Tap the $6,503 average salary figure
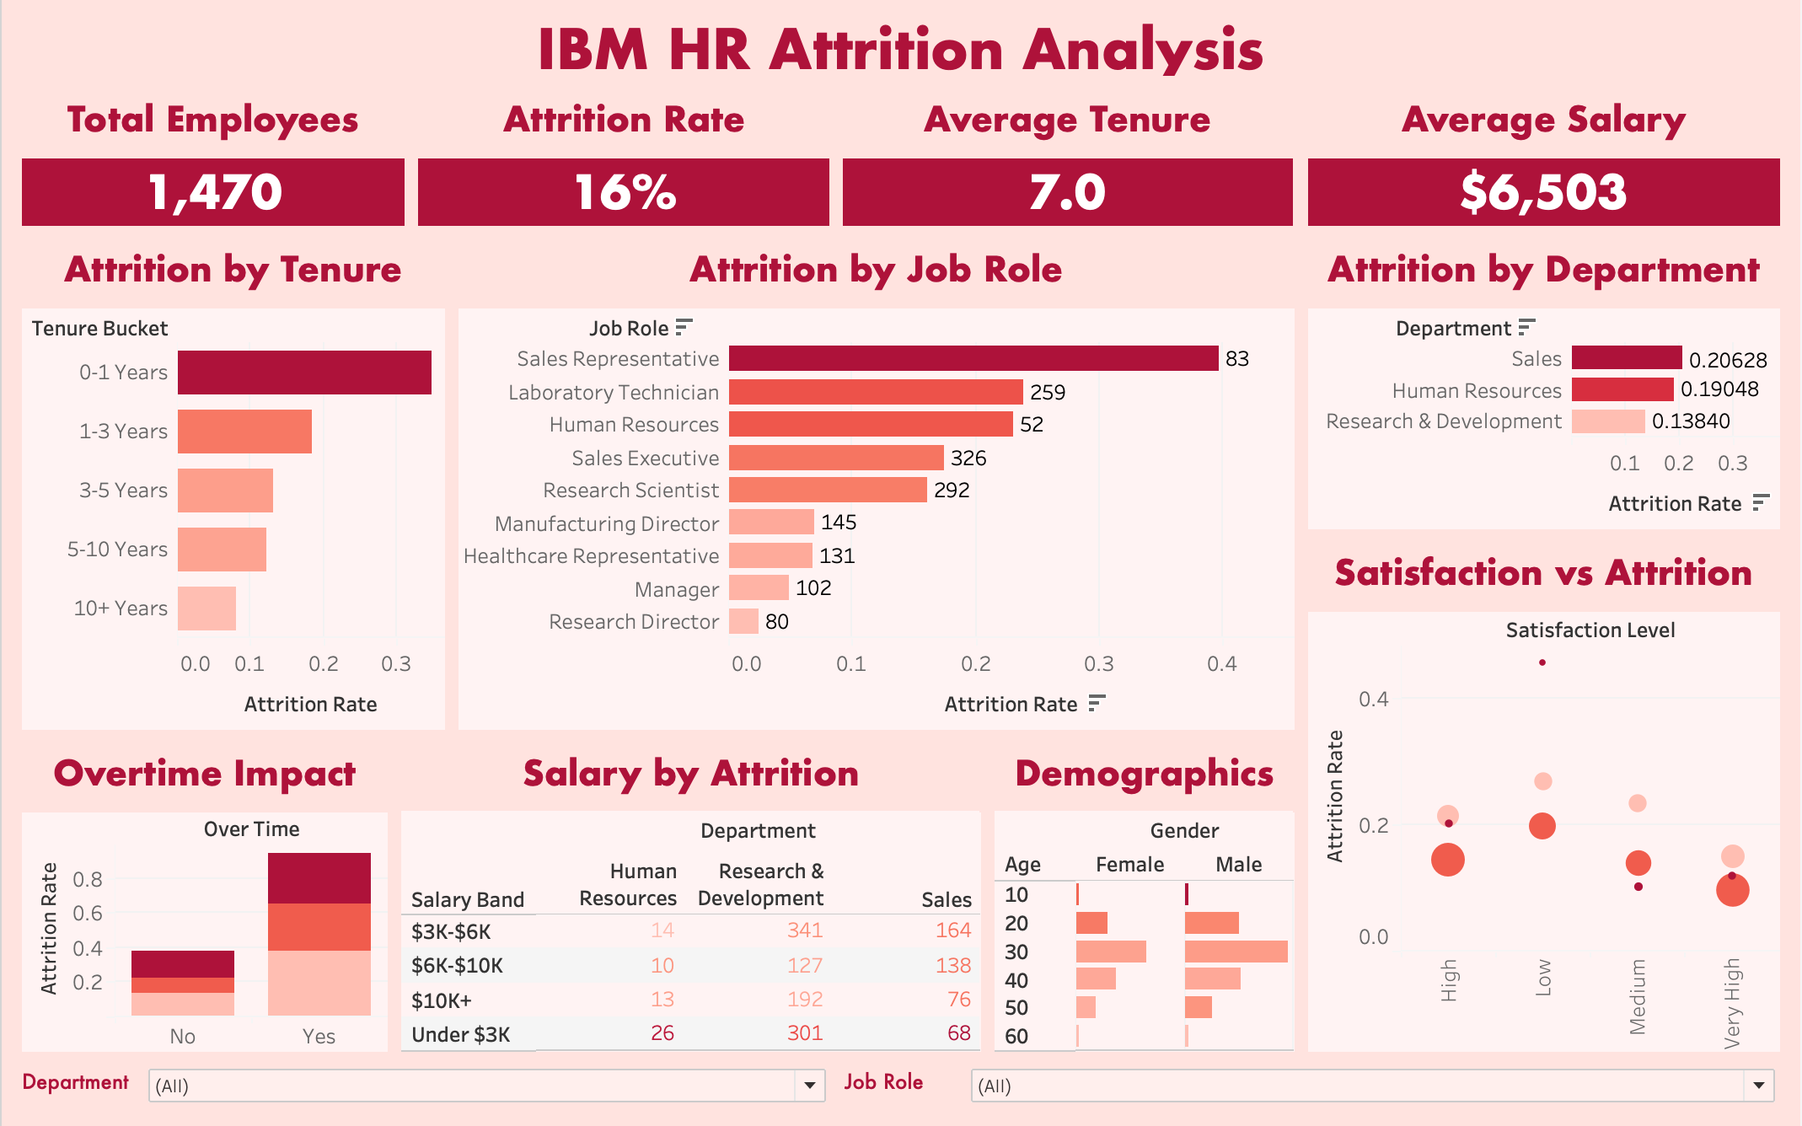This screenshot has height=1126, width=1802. click(1542, 192)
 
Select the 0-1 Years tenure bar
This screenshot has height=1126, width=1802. click(304, 373)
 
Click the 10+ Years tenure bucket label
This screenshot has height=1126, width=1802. click(121, 609)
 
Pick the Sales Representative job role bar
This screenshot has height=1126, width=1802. click(973, 358)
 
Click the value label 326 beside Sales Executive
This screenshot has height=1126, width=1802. click(968, 458)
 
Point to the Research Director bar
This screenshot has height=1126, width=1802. click(743, 622)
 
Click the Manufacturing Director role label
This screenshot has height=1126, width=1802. click(606, 524)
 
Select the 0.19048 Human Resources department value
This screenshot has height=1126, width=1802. click(1719, 389)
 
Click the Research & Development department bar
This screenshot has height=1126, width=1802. click(1607, 421)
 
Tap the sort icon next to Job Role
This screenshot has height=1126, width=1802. click(684, 327)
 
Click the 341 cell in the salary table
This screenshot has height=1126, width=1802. click(804, 930)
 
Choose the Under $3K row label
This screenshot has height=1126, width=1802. click(460, 1035)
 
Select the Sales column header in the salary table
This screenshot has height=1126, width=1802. click(946, 900)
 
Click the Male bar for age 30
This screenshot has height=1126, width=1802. click(1236, 952)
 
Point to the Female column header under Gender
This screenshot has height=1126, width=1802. click(1129, 865)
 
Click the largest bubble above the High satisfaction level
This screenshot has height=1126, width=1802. click(1447, 860)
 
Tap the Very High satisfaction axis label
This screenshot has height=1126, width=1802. click(1732, 1003)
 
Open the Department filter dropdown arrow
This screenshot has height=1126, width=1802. click(809, 1086)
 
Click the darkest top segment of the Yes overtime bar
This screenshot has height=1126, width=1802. click(319, 878)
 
